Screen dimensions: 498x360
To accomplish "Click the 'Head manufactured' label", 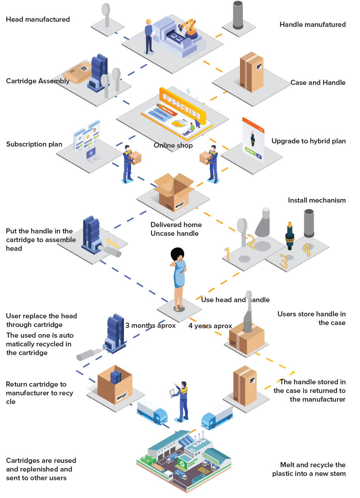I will pos(38,19).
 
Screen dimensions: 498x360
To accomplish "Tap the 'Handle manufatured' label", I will pos(312,24).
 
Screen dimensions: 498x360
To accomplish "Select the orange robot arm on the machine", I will pos(190,28).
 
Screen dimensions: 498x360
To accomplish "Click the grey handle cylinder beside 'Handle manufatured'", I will pos(238,15).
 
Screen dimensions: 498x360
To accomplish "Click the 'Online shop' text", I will pos(173,145).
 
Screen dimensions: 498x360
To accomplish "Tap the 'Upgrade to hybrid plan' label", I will pos(308,141).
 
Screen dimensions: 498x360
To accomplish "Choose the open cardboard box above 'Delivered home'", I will pos(174,192).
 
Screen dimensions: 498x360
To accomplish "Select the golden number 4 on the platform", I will pos(307,250).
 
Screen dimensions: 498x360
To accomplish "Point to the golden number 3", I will pos(283,261).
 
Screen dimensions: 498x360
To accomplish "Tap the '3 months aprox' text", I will pos(150,326).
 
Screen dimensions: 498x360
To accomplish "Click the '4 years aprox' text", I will pos(210,326).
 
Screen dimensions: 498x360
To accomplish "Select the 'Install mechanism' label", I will pos(317,200).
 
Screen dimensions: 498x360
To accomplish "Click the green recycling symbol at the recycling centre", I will pos(182,463).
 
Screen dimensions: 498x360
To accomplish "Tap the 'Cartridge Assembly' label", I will pos(37,81).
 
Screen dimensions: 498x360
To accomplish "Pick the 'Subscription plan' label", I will pos(34,144).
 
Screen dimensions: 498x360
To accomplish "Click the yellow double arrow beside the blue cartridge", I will pos(112,243).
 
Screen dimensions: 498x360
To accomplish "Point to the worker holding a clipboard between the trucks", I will pos(182,401).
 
